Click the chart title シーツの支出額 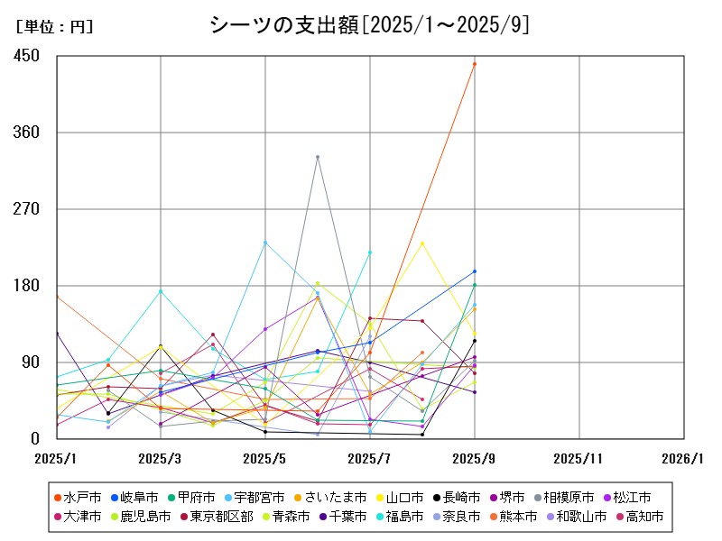368,24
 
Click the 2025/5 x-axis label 265,459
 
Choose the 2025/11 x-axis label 579,459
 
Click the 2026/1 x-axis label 683,459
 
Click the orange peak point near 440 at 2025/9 475,64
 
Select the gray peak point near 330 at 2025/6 318,157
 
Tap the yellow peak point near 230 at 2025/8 422,243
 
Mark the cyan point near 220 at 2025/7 370,252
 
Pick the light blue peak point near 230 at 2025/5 265,243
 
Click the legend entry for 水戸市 83,497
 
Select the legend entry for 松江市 632,497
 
